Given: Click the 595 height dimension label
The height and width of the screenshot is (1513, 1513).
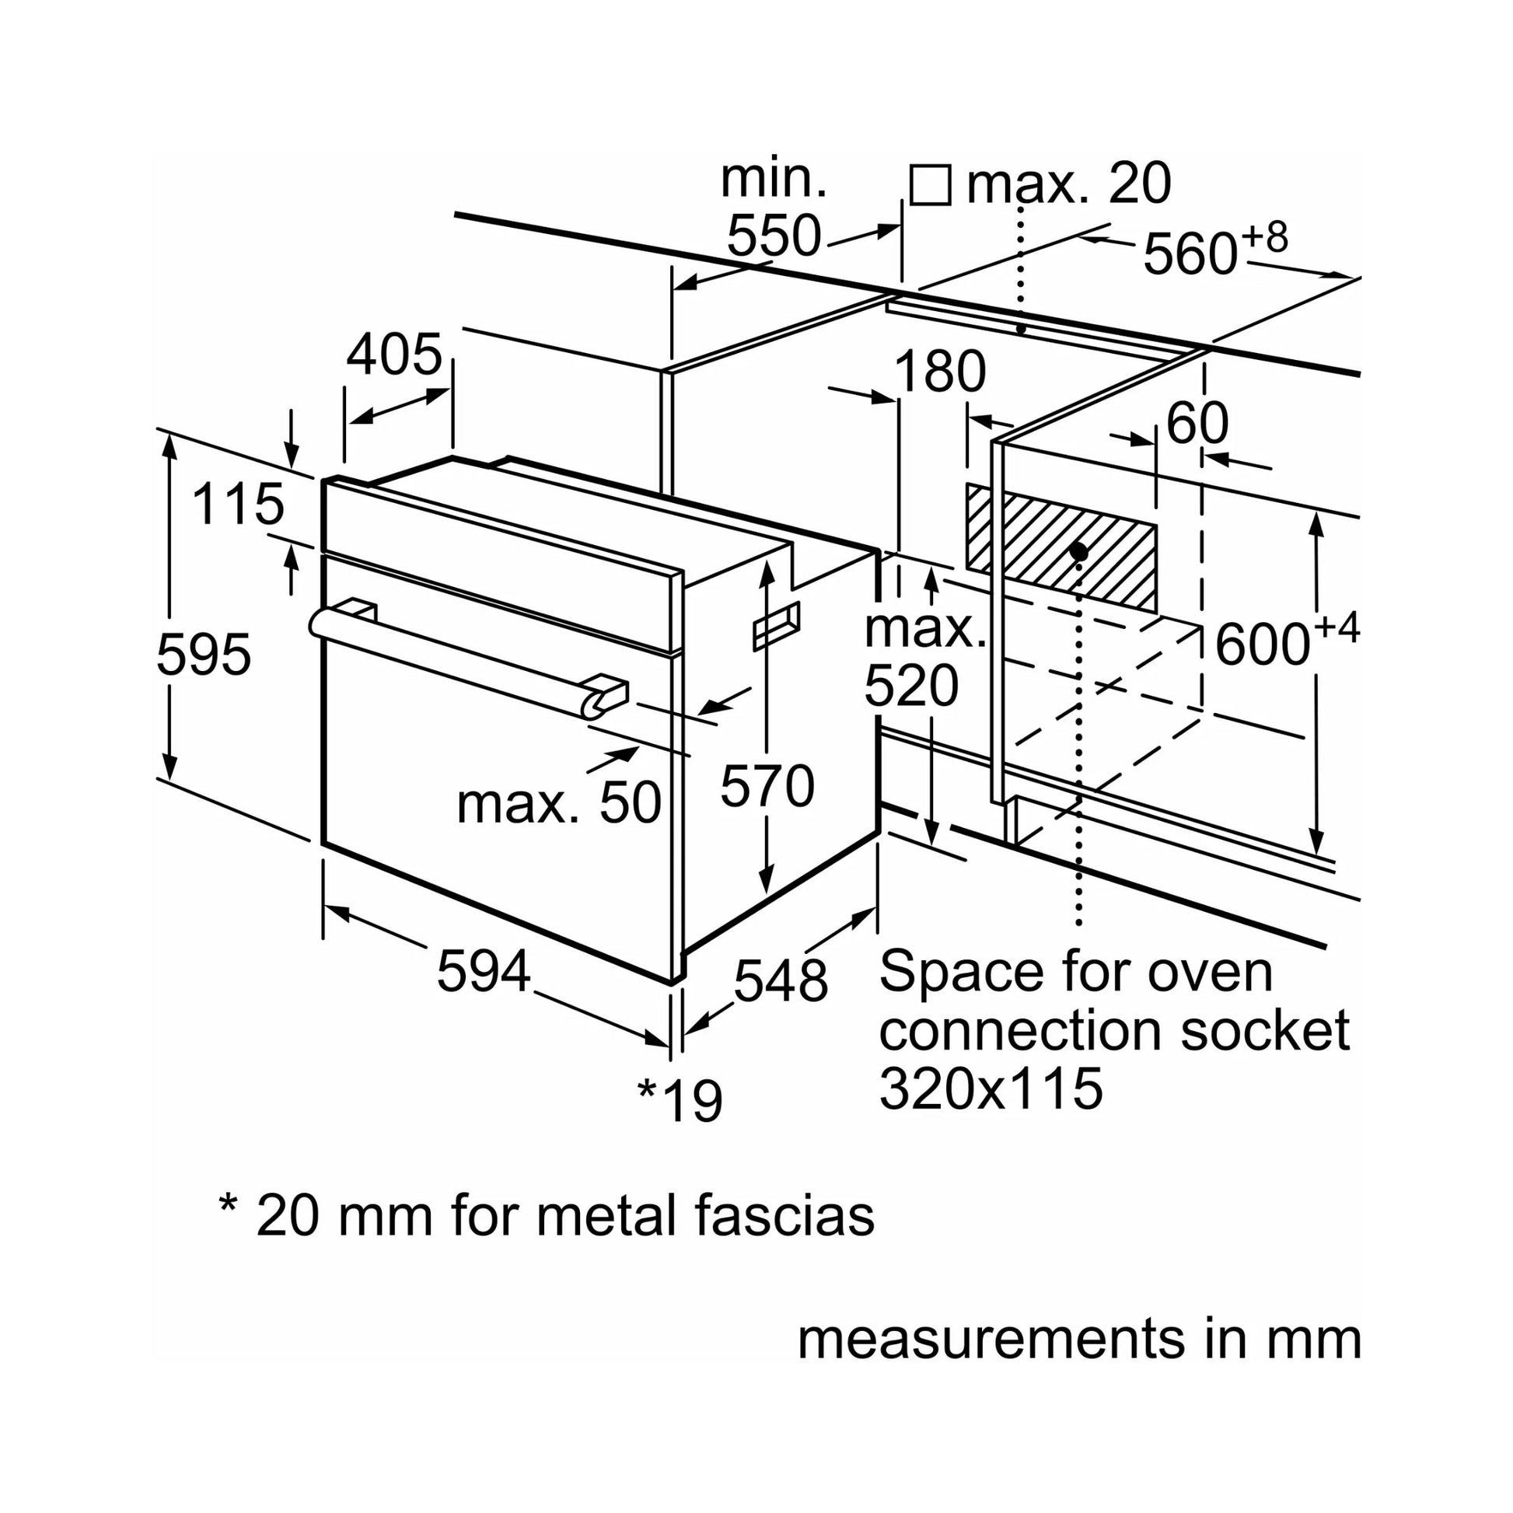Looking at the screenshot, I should pos(204,655).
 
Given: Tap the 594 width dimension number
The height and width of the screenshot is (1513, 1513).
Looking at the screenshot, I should pos(483,972).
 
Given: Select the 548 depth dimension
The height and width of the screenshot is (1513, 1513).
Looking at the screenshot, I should pos(781,980).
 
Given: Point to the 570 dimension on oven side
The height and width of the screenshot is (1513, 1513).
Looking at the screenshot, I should pos(767,785).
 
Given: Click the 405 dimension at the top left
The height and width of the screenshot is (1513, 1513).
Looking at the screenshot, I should pos(395,355).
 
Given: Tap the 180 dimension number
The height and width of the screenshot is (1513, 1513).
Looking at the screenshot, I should pos(940,371).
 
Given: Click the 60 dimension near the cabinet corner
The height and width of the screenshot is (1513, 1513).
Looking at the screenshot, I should pos(1197,424).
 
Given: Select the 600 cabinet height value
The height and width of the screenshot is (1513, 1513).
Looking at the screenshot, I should pos(1263,645).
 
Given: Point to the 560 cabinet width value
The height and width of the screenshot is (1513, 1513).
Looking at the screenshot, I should pos(1190,253).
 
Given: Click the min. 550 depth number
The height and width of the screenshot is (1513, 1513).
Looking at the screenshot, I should pos(774,235).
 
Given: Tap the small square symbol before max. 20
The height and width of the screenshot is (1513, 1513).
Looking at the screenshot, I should pos(931,186).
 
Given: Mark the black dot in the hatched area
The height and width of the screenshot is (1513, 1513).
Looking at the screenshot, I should pos(1078,551).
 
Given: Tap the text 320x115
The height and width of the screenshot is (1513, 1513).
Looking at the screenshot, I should pos(991,1088).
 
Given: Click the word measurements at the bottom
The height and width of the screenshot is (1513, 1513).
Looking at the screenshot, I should pos(991,1338).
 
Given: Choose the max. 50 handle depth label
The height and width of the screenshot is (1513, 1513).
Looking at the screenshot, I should pos(559,803).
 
